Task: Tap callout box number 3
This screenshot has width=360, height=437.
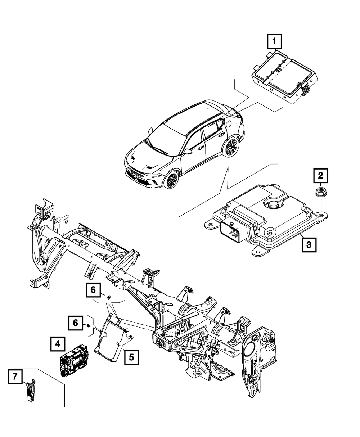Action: point(309,245)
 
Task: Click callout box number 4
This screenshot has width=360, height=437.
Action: point(58,344)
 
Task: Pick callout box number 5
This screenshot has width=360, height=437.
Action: point(131,357)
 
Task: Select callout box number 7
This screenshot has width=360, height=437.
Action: point(15,377)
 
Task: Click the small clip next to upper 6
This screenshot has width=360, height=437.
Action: point(108,297)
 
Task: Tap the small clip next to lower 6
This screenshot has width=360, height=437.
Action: point(88,326)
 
